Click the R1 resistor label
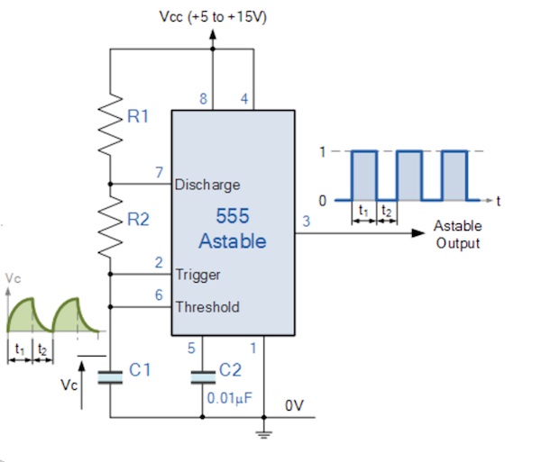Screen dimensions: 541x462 click(138, 116)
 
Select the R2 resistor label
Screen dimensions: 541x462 click(138, 219)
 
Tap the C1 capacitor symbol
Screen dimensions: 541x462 click(110, 377)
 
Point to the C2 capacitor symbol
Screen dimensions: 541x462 click(203, 377)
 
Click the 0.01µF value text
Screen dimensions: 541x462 click(229, 398)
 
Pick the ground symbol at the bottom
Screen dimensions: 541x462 click(264, 434)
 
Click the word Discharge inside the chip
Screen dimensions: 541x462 click(207, 185)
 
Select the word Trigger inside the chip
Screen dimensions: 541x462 click(197, 275)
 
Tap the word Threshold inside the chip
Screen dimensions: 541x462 click(207, 306)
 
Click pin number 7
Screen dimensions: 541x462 click(159, 172)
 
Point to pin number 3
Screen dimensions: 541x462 click(307, 222)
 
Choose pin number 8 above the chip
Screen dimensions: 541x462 click(204, 99)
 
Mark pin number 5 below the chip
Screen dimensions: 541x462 click(191, 349)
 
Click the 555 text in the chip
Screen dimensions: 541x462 click(233, 216)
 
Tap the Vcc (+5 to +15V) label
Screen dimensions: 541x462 click(213, 16)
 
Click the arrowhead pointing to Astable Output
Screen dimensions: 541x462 click(418, 233)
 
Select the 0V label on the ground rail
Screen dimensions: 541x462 click(294, 405)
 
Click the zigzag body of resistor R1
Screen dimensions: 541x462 click(110, 123)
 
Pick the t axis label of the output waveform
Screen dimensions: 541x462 click(498, 201)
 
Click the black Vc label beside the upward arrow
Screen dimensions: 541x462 click(69, 385)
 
